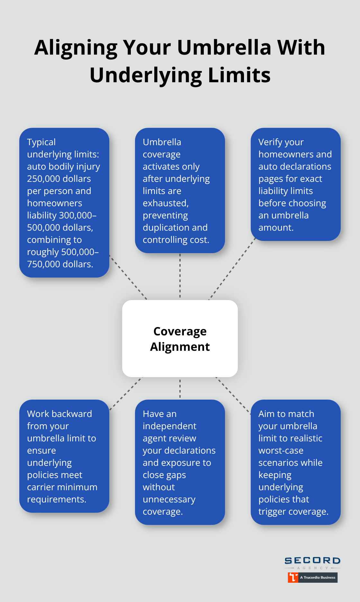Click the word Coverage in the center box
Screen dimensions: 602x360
[x=180, y=331]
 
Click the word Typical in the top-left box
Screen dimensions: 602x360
[x=41, y=142]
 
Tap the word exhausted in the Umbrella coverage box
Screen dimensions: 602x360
[x=165, y=203]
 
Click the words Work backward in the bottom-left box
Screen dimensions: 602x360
[x=59, y=414]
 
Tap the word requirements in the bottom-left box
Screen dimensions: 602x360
[x=56, y=500]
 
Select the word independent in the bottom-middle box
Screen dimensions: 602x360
[x=169, y=426]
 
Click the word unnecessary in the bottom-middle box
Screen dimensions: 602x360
[x=169, y=500]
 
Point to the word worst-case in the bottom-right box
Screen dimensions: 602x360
[x=281, y=451]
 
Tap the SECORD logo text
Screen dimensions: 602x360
[x=312, y=561]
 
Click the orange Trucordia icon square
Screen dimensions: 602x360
[x=293, y=577]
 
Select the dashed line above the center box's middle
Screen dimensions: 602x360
[x=180, y=276]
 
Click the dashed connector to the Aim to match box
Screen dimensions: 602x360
[x=233, y=395]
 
